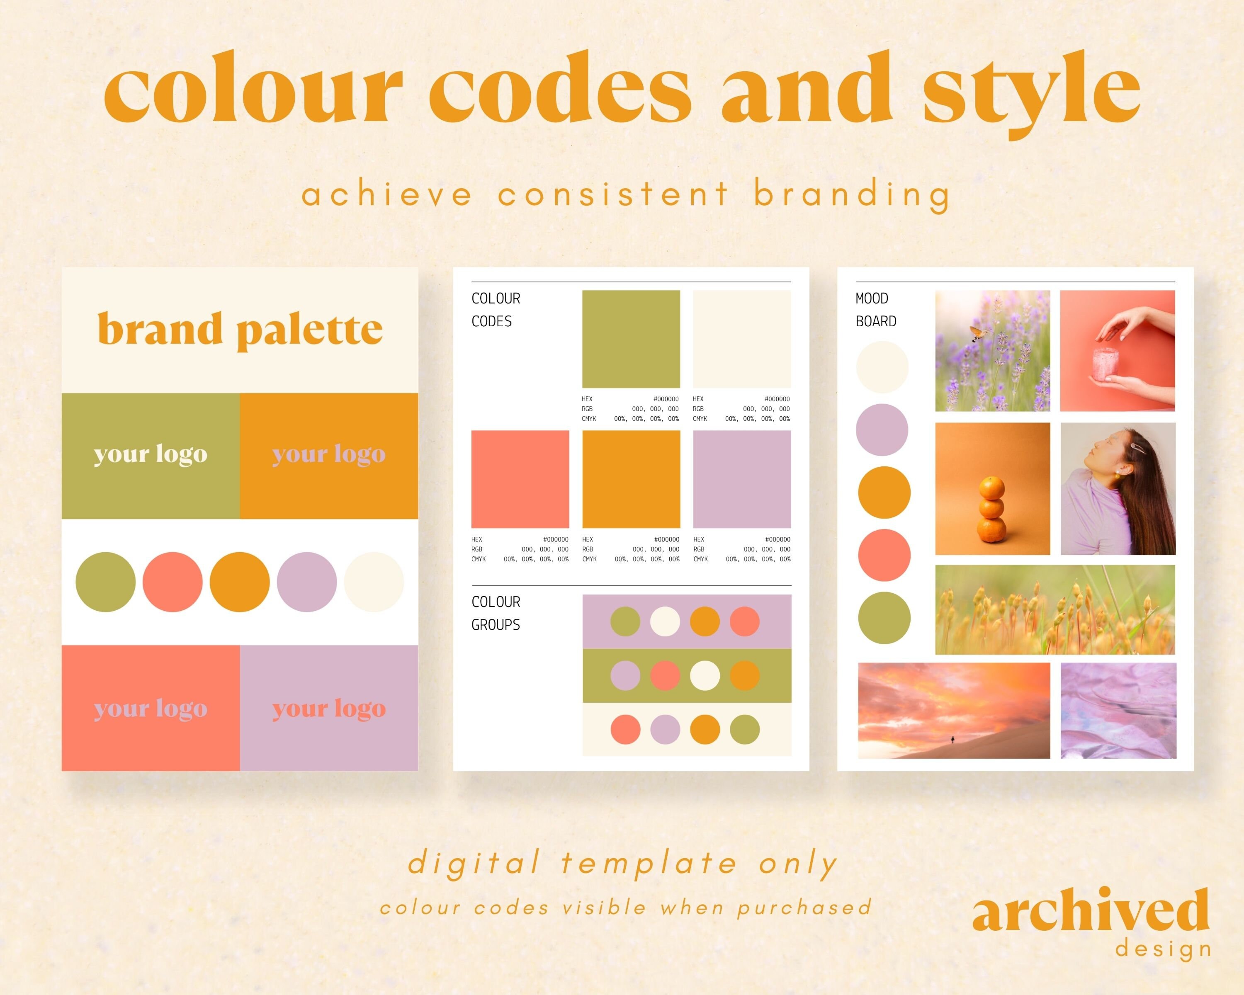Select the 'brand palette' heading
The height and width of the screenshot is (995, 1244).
coord(240,329)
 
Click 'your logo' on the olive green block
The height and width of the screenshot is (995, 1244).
coord(151,454)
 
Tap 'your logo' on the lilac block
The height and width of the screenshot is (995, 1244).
coord(329,709)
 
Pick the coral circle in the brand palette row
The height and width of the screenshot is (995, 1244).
coord(173,582)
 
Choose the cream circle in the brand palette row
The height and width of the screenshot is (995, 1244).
coord(374,582)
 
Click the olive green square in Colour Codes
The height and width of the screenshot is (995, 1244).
coord(631,339)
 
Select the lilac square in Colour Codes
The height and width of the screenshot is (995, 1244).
coord(741,479)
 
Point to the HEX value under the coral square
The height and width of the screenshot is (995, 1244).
coord(555,540)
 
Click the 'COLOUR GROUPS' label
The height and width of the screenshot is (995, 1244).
coord(496,613)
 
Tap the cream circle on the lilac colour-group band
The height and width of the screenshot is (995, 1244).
coord(665,622)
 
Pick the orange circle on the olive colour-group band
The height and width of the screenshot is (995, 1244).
coord(744,675)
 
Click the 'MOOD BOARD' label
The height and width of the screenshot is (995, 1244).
coord(875,310)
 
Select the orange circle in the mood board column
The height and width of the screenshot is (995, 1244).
coord(884,493)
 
